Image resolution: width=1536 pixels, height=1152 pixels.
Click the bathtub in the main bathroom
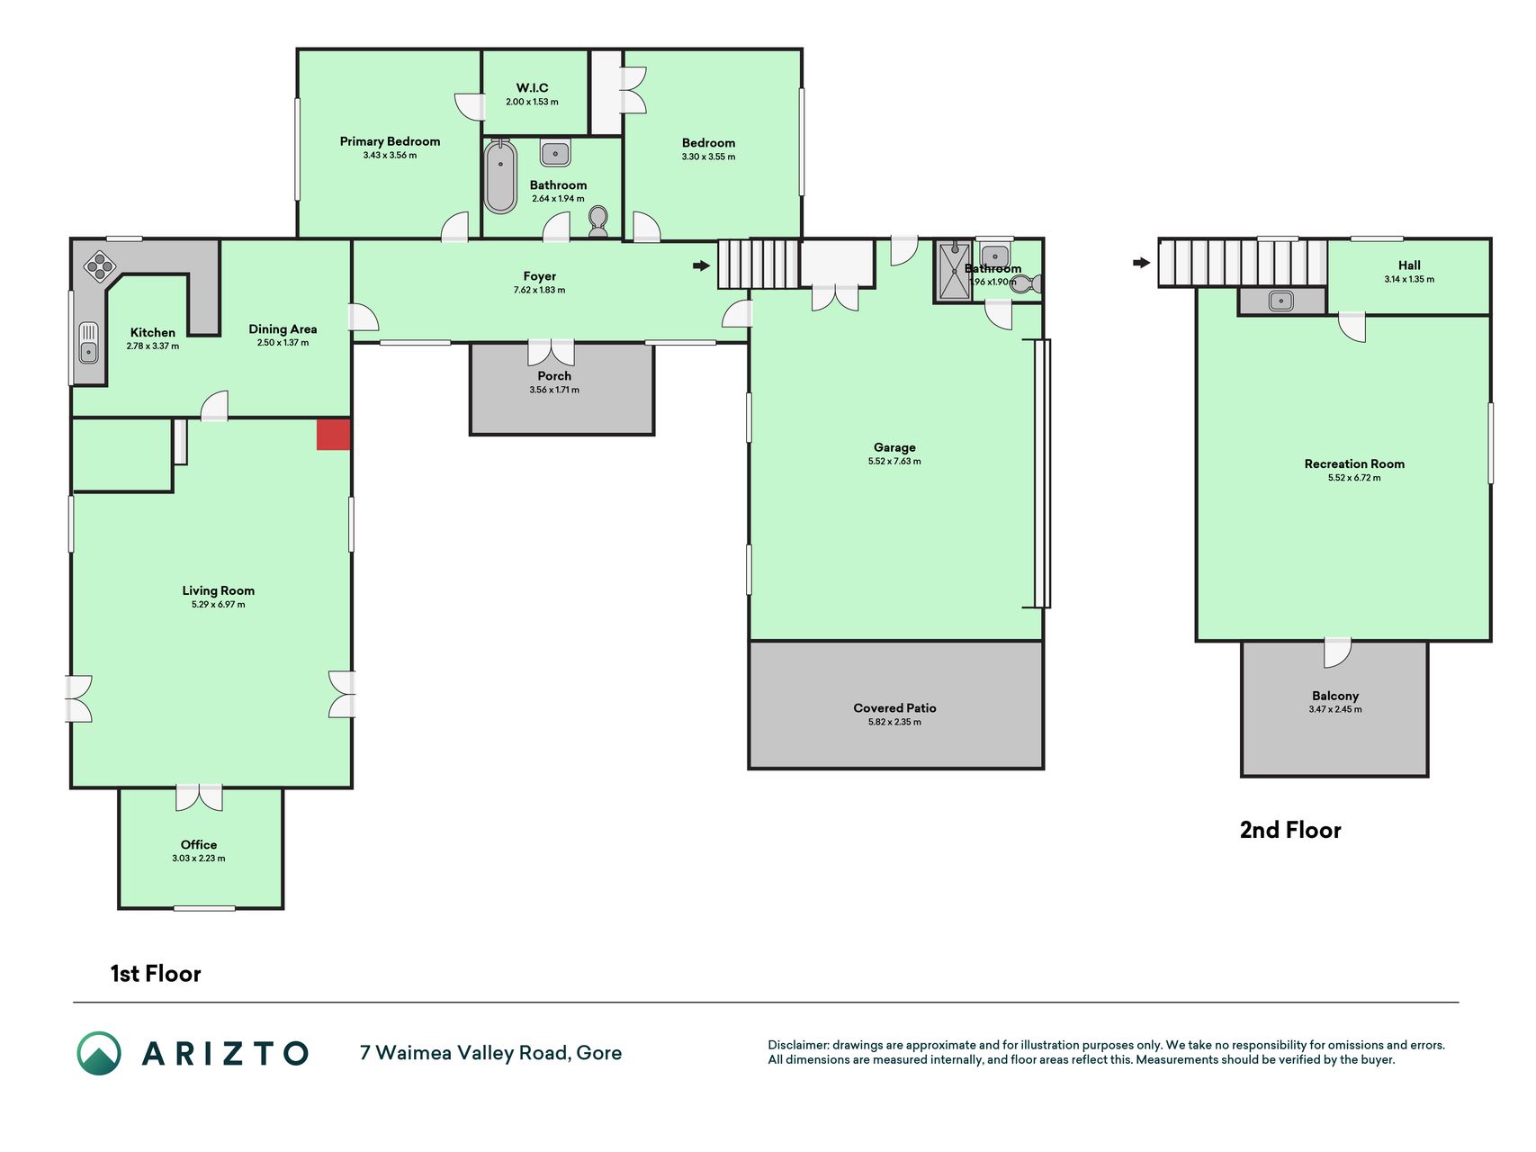(500, 175)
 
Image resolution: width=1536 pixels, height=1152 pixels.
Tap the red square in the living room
(333, 434)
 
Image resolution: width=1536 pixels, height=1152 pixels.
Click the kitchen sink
(88, 342)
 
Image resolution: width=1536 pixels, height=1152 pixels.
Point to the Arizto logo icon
(99, 1053)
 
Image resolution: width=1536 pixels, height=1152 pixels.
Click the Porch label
(554, 376)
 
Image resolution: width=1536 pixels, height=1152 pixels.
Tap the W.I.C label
(532, 87)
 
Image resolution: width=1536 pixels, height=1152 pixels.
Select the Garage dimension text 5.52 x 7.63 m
(894, 461)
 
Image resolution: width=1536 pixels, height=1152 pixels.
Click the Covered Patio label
(894, 708)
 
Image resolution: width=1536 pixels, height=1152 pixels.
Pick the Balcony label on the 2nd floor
(1335, 696)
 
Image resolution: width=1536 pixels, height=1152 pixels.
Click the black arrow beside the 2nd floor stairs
(1141, 263)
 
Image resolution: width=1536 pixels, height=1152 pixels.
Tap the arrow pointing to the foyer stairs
(701, 265)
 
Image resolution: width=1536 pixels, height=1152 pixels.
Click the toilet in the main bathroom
(597, 221)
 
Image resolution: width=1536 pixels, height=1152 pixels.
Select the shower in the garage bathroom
(954, 271)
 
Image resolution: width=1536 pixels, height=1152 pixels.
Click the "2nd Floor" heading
(1290, 830)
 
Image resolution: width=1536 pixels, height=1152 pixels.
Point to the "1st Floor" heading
(156, 974)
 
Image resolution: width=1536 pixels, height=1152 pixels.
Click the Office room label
(199, 844)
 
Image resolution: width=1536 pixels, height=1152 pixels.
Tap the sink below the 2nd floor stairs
(1281, 301)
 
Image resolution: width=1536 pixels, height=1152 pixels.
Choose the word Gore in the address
(599, 1053)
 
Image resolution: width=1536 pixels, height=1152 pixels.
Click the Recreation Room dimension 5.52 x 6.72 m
(1354, 478)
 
